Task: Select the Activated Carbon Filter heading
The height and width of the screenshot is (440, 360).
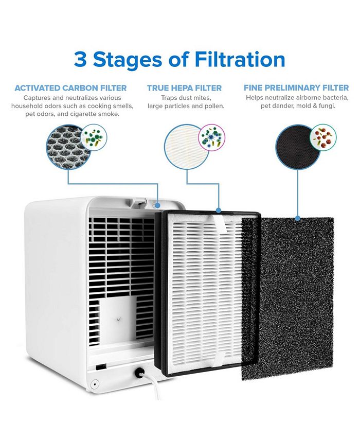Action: point(70,88)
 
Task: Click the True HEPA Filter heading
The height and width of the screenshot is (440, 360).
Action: point(184,88)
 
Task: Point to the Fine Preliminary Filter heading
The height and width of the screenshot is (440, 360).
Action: point(296,88)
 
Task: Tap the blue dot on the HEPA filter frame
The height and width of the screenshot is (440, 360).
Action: point(219,210)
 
